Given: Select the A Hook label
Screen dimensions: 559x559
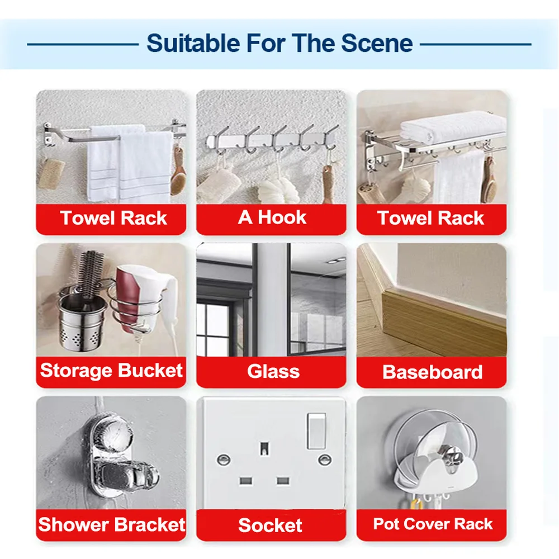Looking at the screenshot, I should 272,217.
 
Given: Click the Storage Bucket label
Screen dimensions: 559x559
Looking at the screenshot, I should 111,371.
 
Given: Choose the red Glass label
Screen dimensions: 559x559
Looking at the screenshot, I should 273,372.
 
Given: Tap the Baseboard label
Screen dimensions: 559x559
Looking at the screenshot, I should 432,372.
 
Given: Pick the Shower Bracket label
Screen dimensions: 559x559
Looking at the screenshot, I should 111,524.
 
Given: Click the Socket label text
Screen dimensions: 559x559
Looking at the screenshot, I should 270,525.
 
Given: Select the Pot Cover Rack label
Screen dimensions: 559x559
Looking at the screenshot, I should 433,524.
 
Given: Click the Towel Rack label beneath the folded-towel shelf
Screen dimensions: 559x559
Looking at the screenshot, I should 431,218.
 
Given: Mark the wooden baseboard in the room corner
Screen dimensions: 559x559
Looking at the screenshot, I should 442,324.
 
